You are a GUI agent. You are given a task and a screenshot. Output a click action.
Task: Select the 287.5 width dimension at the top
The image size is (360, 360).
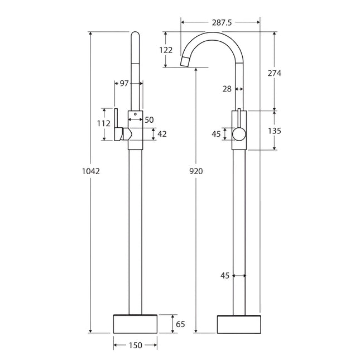pos(220,22)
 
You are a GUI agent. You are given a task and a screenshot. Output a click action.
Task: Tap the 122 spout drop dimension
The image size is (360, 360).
pos(166,50)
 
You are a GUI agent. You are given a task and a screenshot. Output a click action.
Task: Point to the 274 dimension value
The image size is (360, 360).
pos(274,73)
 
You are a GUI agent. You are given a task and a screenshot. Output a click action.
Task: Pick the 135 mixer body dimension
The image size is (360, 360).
pos(274,131)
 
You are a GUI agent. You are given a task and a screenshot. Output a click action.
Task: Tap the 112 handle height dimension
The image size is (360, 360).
pos(104,123)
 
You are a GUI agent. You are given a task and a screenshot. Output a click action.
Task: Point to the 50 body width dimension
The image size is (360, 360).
pos(149,120)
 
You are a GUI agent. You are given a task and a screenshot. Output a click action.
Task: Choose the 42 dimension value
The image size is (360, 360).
pos(162,134)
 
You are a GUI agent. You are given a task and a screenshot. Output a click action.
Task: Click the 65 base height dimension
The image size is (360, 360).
pos(180,323)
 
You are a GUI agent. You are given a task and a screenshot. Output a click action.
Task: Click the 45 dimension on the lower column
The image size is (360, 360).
pos(225,275)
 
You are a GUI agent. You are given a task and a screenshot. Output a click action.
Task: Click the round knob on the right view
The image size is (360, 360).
pos(238,133)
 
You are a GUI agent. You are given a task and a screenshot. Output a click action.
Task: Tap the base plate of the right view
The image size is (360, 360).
pos(238,323)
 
